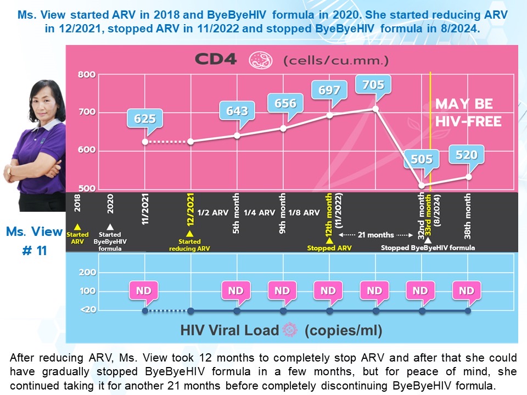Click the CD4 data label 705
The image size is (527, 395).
tap(373, 84)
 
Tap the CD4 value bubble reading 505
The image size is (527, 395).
tap(422, 159)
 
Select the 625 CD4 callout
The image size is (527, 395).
tap(145, 119)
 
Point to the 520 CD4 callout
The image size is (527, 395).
tap(467, 155)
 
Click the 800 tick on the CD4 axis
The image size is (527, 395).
tap(87, 75)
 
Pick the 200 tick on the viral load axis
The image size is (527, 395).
tap(87, 272)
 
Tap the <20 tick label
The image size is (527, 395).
tap(88, 309)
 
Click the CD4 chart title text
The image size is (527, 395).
tap(216, 59)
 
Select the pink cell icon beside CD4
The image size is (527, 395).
tap(260, 60)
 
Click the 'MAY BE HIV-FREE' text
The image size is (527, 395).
tap(468, 112)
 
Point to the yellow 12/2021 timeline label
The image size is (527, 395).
tap(190, 209)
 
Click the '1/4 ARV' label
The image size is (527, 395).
tap(259, 213)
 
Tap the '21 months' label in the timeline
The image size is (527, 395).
tap(375, 235)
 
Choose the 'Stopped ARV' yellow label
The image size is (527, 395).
tap(329, 248)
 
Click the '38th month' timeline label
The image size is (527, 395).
tap(468, 216)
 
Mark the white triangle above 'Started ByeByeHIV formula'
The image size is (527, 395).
tap(110, 227)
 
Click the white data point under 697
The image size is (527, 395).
tap(330, 115)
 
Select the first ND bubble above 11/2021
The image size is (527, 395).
tap(143, 291)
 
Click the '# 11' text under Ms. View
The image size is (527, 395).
tap(34, 251)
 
